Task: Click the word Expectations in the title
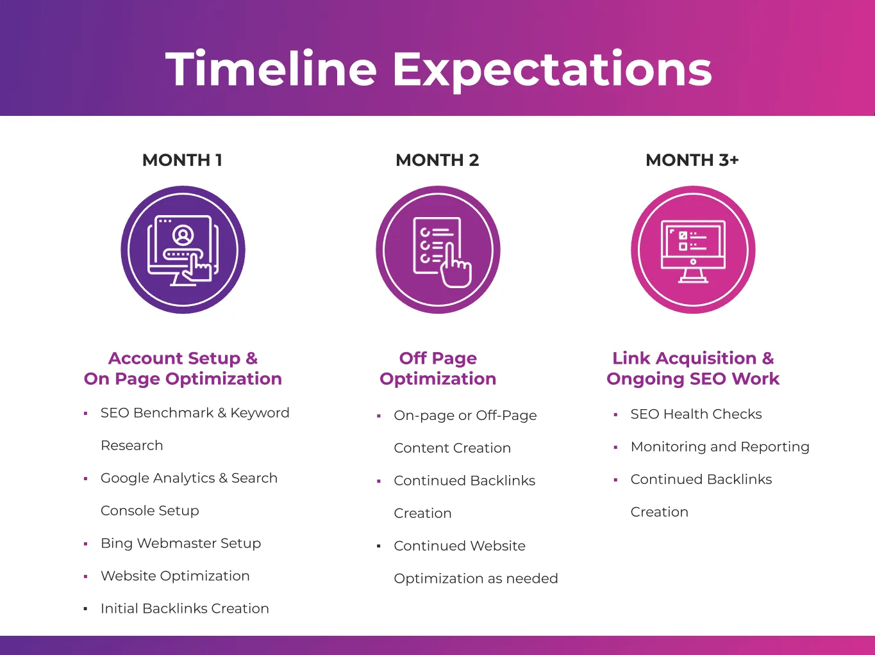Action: pos(552,70)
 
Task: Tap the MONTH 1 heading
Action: pos(182,160)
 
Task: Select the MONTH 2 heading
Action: pos(437,160)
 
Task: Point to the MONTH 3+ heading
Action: pos(692,160)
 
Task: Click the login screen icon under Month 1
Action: pos(183,250)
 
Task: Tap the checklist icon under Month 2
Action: pos(438,250)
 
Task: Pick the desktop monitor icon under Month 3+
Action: pos(693,250)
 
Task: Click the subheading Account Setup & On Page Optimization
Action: pos(183,368)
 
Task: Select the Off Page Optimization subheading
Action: pos(438,368)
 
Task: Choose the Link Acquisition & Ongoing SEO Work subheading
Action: pos(693,368)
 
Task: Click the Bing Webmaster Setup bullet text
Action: pos(181,543)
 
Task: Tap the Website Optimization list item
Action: pos(175,576)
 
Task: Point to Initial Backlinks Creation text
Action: pos(185,608)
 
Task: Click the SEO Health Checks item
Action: pos(696,414)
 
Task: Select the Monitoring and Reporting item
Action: pos(720,447)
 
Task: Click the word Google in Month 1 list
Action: pos(124,478)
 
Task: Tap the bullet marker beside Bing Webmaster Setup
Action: pos(85,544)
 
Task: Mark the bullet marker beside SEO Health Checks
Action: pos(615,415)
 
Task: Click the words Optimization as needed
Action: pos(476,579)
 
